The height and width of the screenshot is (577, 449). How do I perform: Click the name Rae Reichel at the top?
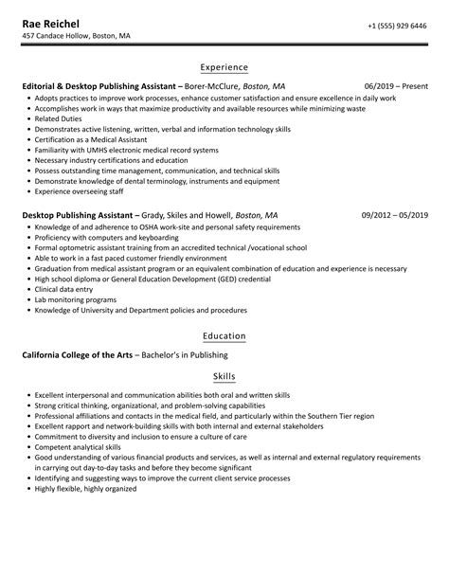(x=51, y=23)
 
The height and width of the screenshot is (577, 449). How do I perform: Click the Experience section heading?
(x=224, y=67)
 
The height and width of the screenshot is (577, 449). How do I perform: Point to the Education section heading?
(x=224, y=335)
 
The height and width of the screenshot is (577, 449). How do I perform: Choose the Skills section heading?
(x=224, y=376)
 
